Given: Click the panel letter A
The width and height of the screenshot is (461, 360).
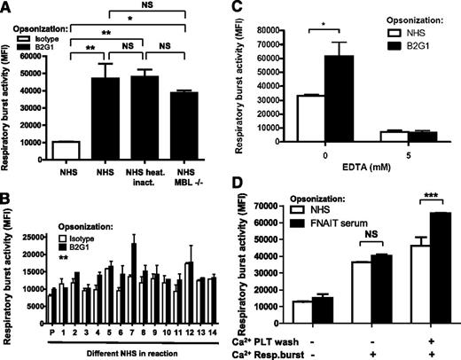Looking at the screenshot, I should [7, 8].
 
